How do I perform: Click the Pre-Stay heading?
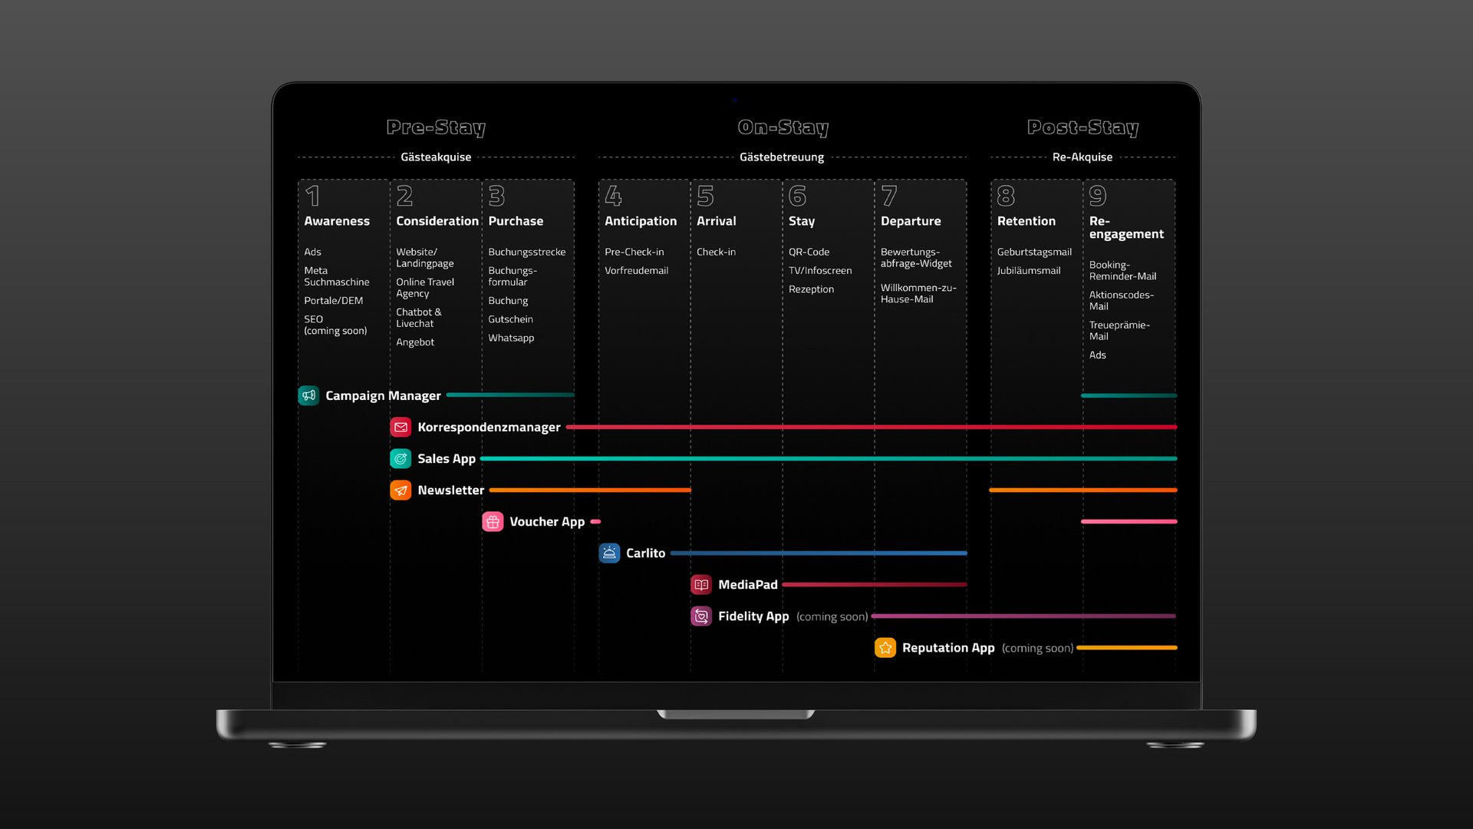(x=436, y=127)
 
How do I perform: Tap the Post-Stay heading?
(x=1083, y=127)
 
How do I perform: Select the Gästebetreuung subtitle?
(x=781, y=157)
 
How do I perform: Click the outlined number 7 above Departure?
(x=889, y=197)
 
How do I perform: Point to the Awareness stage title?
(x=337, y=221)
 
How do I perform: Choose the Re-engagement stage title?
(x=1125, y=227)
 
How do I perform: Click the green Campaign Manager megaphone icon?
(x=308, y=395)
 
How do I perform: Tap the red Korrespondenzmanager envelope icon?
(x=400, y=427)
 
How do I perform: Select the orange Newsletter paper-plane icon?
(x=400, y=490)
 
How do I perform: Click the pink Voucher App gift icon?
(x=493, y=522)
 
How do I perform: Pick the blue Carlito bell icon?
(x=609, y=553)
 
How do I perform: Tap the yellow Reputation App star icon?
(x=885, y=648)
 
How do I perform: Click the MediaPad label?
(x=747, y=585)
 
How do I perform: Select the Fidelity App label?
(x=753, y=616)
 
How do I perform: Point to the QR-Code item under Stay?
(x=809, y=252)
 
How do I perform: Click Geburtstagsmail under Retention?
(x=1034, y=252)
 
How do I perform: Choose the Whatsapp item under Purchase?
(x=511, y=338)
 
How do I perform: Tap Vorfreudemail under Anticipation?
(x=636, y=270)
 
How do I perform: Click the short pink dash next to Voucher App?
(x=595, y=522)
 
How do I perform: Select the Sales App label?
(x=446, y=459)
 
